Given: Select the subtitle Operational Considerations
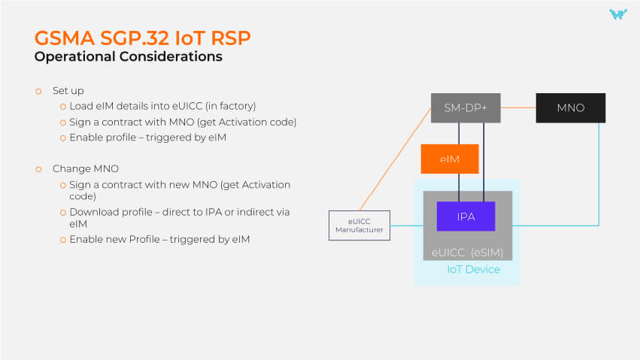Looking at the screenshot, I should pos(128,56).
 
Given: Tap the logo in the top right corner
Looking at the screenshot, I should pos(617,14).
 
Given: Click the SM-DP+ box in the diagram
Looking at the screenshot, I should pos(466,108).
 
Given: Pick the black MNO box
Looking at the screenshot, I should pos(570,108).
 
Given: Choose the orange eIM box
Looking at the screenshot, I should pos(449,159).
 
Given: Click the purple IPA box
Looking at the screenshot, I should pos(466,216).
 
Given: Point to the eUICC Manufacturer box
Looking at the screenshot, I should pos(359,225).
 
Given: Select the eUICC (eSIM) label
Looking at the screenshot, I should pos(467,252).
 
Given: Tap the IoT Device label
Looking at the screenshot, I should pos(473,269).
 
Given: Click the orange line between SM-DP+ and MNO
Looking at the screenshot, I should pos(518,108).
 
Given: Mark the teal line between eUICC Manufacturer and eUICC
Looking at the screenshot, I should pos(406,225).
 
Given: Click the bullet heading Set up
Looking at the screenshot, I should pos(68,90).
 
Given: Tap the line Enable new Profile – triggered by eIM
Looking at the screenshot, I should pos(159,240).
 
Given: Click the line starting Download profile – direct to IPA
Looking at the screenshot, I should pos(179,212).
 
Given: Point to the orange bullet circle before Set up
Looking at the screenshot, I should pos(38,90).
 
